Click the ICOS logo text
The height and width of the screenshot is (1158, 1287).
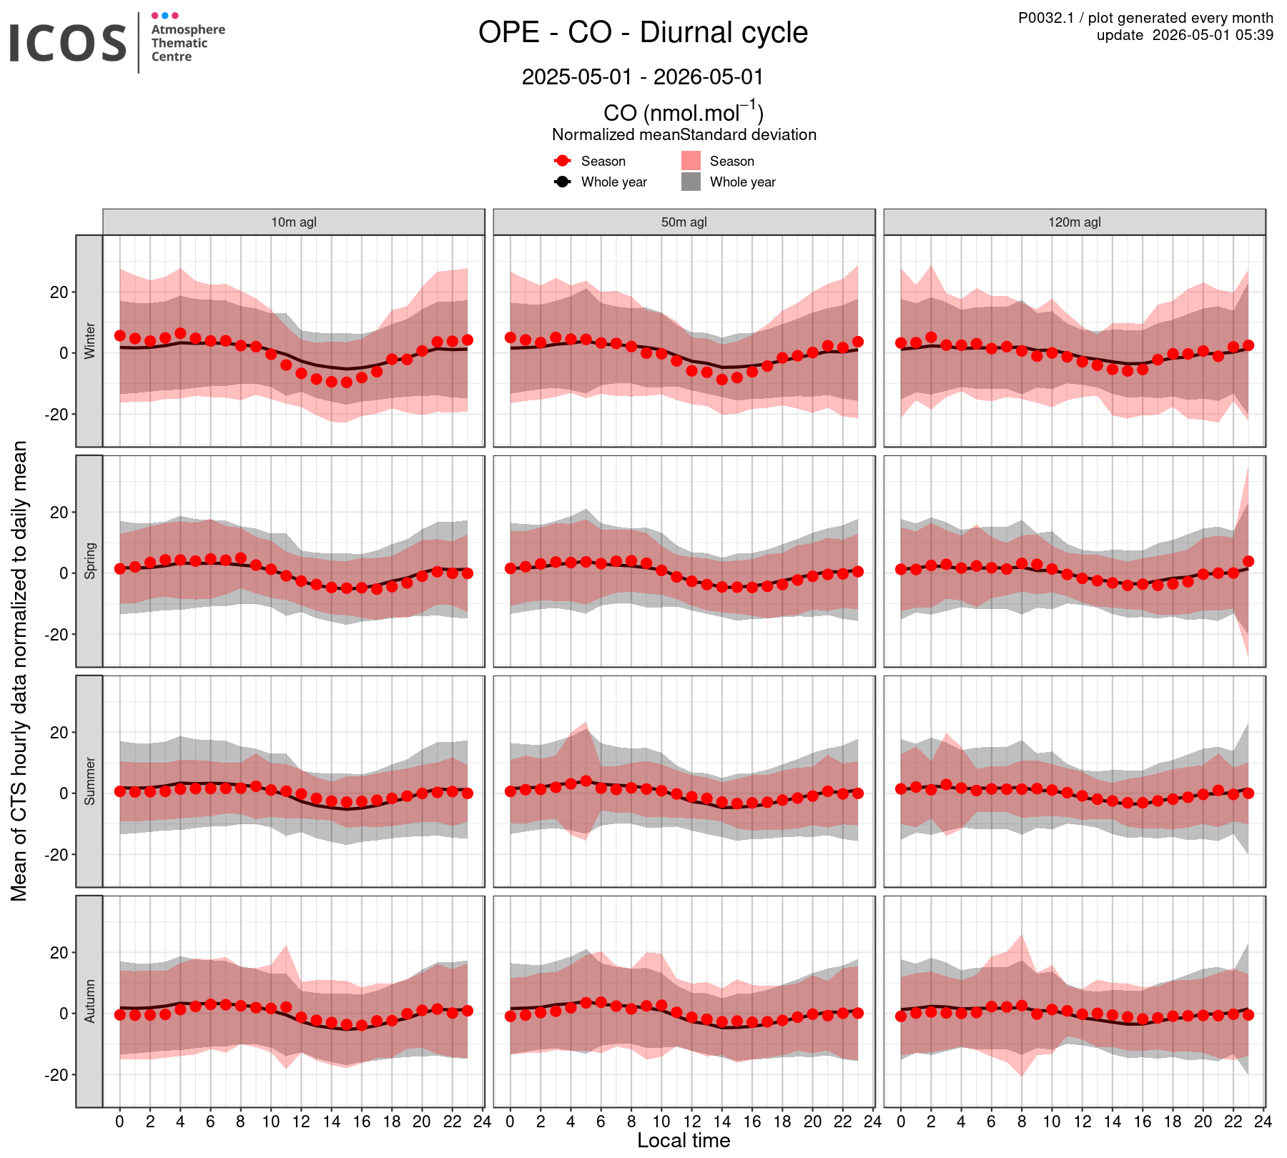pyautogui.click(x=68, y=42)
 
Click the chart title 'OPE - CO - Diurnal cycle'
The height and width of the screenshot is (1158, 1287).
pyautogui.click(x=643, y=33)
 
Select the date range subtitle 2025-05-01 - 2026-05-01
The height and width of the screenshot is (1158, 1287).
pyautogui.click(x=643, y=76)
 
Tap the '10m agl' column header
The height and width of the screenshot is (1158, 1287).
pyautogui.click(x=293, y=222)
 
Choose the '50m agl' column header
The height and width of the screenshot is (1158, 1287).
pyautogui.click(x=684, y=222)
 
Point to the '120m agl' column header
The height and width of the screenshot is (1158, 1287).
pyautogui.click(x=1075, y=222)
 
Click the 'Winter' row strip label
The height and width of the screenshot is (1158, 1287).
pyautogui.click(x=89, y=341)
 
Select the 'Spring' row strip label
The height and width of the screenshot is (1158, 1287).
pyautogui.click(x=89, y=561)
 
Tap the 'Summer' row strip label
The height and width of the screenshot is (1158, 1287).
pyautogui.click(x=89, y=781)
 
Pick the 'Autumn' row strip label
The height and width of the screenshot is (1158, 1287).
pyautogui.click(x=89, y=1001)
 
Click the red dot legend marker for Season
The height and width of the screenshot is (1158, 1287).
pyautogui.click(x=563, y=161)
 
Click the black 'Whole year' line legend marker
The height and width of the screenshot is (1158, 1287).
pyautogui.click(x=563, y=182)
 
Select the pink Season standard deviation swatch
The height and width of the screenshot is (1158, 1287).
pyautogui.click(x=691, y=161)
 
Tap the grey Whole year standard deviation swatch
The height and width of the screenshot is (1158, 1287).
pyautogui.click(x=691, y=182)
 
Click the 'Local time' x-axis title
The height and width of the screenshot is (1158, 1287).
pyautogui.click(x=684, y=1140)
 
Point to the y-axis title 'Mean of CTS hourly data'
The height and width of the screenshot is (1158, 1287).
pyautogui.click(x=19, y=671)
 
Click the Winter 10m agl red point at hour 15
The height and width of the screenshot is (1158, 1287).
pyautogui.click(x=347, y=382)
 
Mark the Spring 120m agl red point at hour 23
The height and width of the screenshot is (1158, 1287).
pyautogui.click(x=1248, y=561)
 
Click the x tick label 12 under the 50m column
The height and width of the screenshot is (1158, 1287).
pyautogui.click(x=691, y=1122)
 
